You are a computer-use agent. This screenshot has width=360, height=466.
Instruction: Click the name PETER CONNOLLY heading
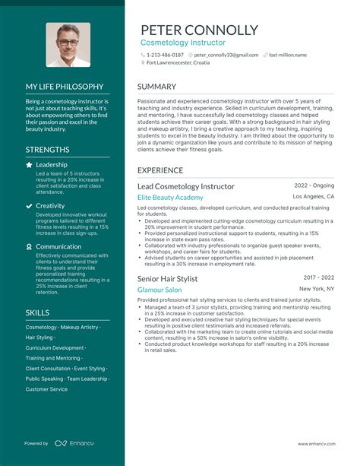[199, 30]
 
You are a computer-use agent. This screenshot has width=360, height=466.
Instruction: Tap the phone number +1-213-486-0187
[165, 55]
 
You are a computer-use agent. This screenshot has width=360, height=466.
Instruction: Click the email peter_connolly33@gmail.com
[226, 55]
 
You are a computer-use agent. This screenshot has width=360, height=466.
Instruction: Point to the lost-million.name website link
[288, 55]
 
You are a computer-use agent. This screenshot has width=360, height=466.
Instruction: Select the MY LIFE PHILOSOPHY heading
[65, 87]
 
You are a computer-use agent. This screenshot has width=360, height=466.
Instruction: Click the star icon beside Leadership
[29, 164]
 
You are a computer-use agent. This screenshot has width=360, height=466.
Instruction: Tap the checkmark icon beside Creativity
[29, 205]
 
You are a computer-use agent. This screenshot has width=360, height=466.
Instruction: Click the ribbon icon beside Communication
[29, 246]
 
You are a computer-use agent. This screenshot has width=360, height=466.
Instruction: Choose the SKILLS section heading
[37, 312]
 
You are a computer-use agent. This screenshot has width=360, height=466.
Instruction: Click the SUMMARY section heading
[158, 87]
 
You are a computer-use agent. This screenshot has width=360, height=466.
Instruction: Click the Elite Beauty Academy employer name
[170, 198]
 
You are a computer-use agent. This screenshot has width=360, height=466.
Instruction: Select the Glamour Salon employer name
[159, 290]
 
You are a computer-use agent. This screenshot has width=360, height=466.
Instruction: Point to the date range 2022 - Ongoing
[314, 185]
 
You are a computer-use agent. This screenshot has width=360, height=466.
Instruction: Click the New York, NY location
[317, 289]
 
